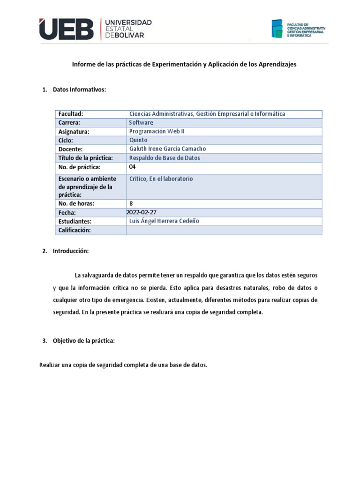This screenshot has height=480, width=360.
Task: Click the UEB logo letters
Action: click(67, 29)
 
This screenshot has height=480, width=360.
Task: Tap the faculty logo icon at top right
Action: click(277, 29)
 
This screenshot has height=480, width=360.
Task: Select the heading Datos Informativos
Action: click(80, 90)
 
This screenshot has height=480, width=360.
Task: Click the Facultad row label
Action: click(71, 114)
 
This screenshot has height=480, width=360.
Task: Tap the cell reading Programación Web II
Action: click(157, 132)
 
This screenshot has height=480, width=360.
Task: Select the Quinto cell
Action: click(138, 140)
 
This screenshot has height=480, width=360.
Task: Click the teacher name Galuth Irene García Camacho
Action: click(167, 149)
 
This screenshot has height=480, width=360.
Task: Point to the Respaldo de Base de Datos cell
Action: click(165, 158)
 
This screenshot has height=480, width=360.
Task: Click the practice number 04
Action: click(132, 167)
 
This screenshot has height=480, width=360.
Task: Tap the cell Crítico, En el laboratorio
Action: click(161, 179)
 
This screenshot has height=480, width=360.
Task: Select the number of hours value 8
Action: click(131, 203)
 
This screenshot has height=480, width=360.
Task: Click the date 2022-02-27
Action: click(142, 212)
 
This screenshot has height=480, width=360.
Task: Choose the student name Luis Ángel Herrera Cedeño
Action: click(164, 221)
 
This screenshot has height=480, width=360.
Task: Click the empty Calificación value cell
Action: click(224, 230)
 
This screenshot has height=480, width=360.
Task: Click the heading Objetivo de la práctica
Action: click(84, 341)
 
